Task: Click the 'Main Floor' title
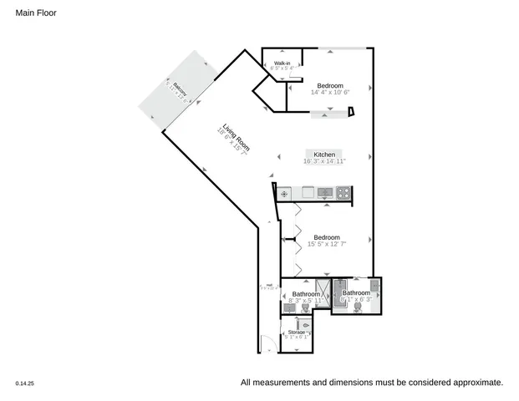click(36, 13)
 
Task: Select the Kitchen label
click(324, 155)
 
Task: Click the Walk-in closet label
click(282, 63)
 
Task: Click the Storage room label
click(296, 332)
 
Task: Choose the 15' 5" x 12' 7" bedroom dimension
click(325, 245)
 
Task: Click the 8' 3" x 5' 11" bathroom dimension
click(306, 301)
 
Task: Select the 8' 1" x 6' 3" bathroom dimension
click(355, 300)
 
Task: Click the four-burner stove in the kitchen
click(344, 193)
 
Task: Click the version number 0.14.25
click(24, 383)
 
